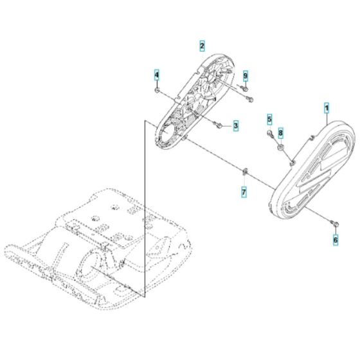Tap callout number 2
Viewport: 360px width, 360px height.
[202, 46]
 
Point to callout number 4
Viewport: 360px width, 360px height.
[156, 76]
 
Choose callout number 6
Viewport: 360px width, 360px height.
[335, 239]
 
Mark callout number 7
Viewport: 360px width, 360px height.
[244, 192]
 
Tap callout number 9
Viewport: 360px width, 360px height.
[245, 76]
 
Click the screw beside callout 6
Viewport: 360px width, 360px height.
[332, 222]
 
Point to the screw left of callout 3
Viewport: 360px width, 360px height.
[219, 124]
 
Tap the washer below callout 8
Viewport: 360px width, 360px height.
[281, 149]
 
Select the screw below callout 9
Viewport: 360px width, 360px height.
[249, 98]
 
